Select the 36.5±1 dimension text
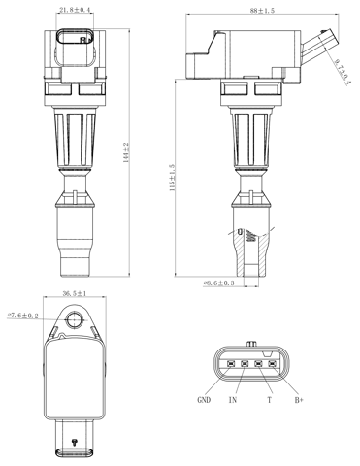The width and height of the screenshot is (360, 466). [x=75, y=294]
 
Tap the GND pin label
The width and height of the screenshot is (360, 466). [x=205, y=399]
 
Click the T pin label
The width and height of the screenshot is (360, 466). [x=268, y=399]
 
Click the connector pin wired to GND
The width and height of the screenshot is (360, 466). [x=231, y=366]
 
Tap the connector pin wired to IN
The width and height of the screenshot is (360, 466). [x=245, y=366]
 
